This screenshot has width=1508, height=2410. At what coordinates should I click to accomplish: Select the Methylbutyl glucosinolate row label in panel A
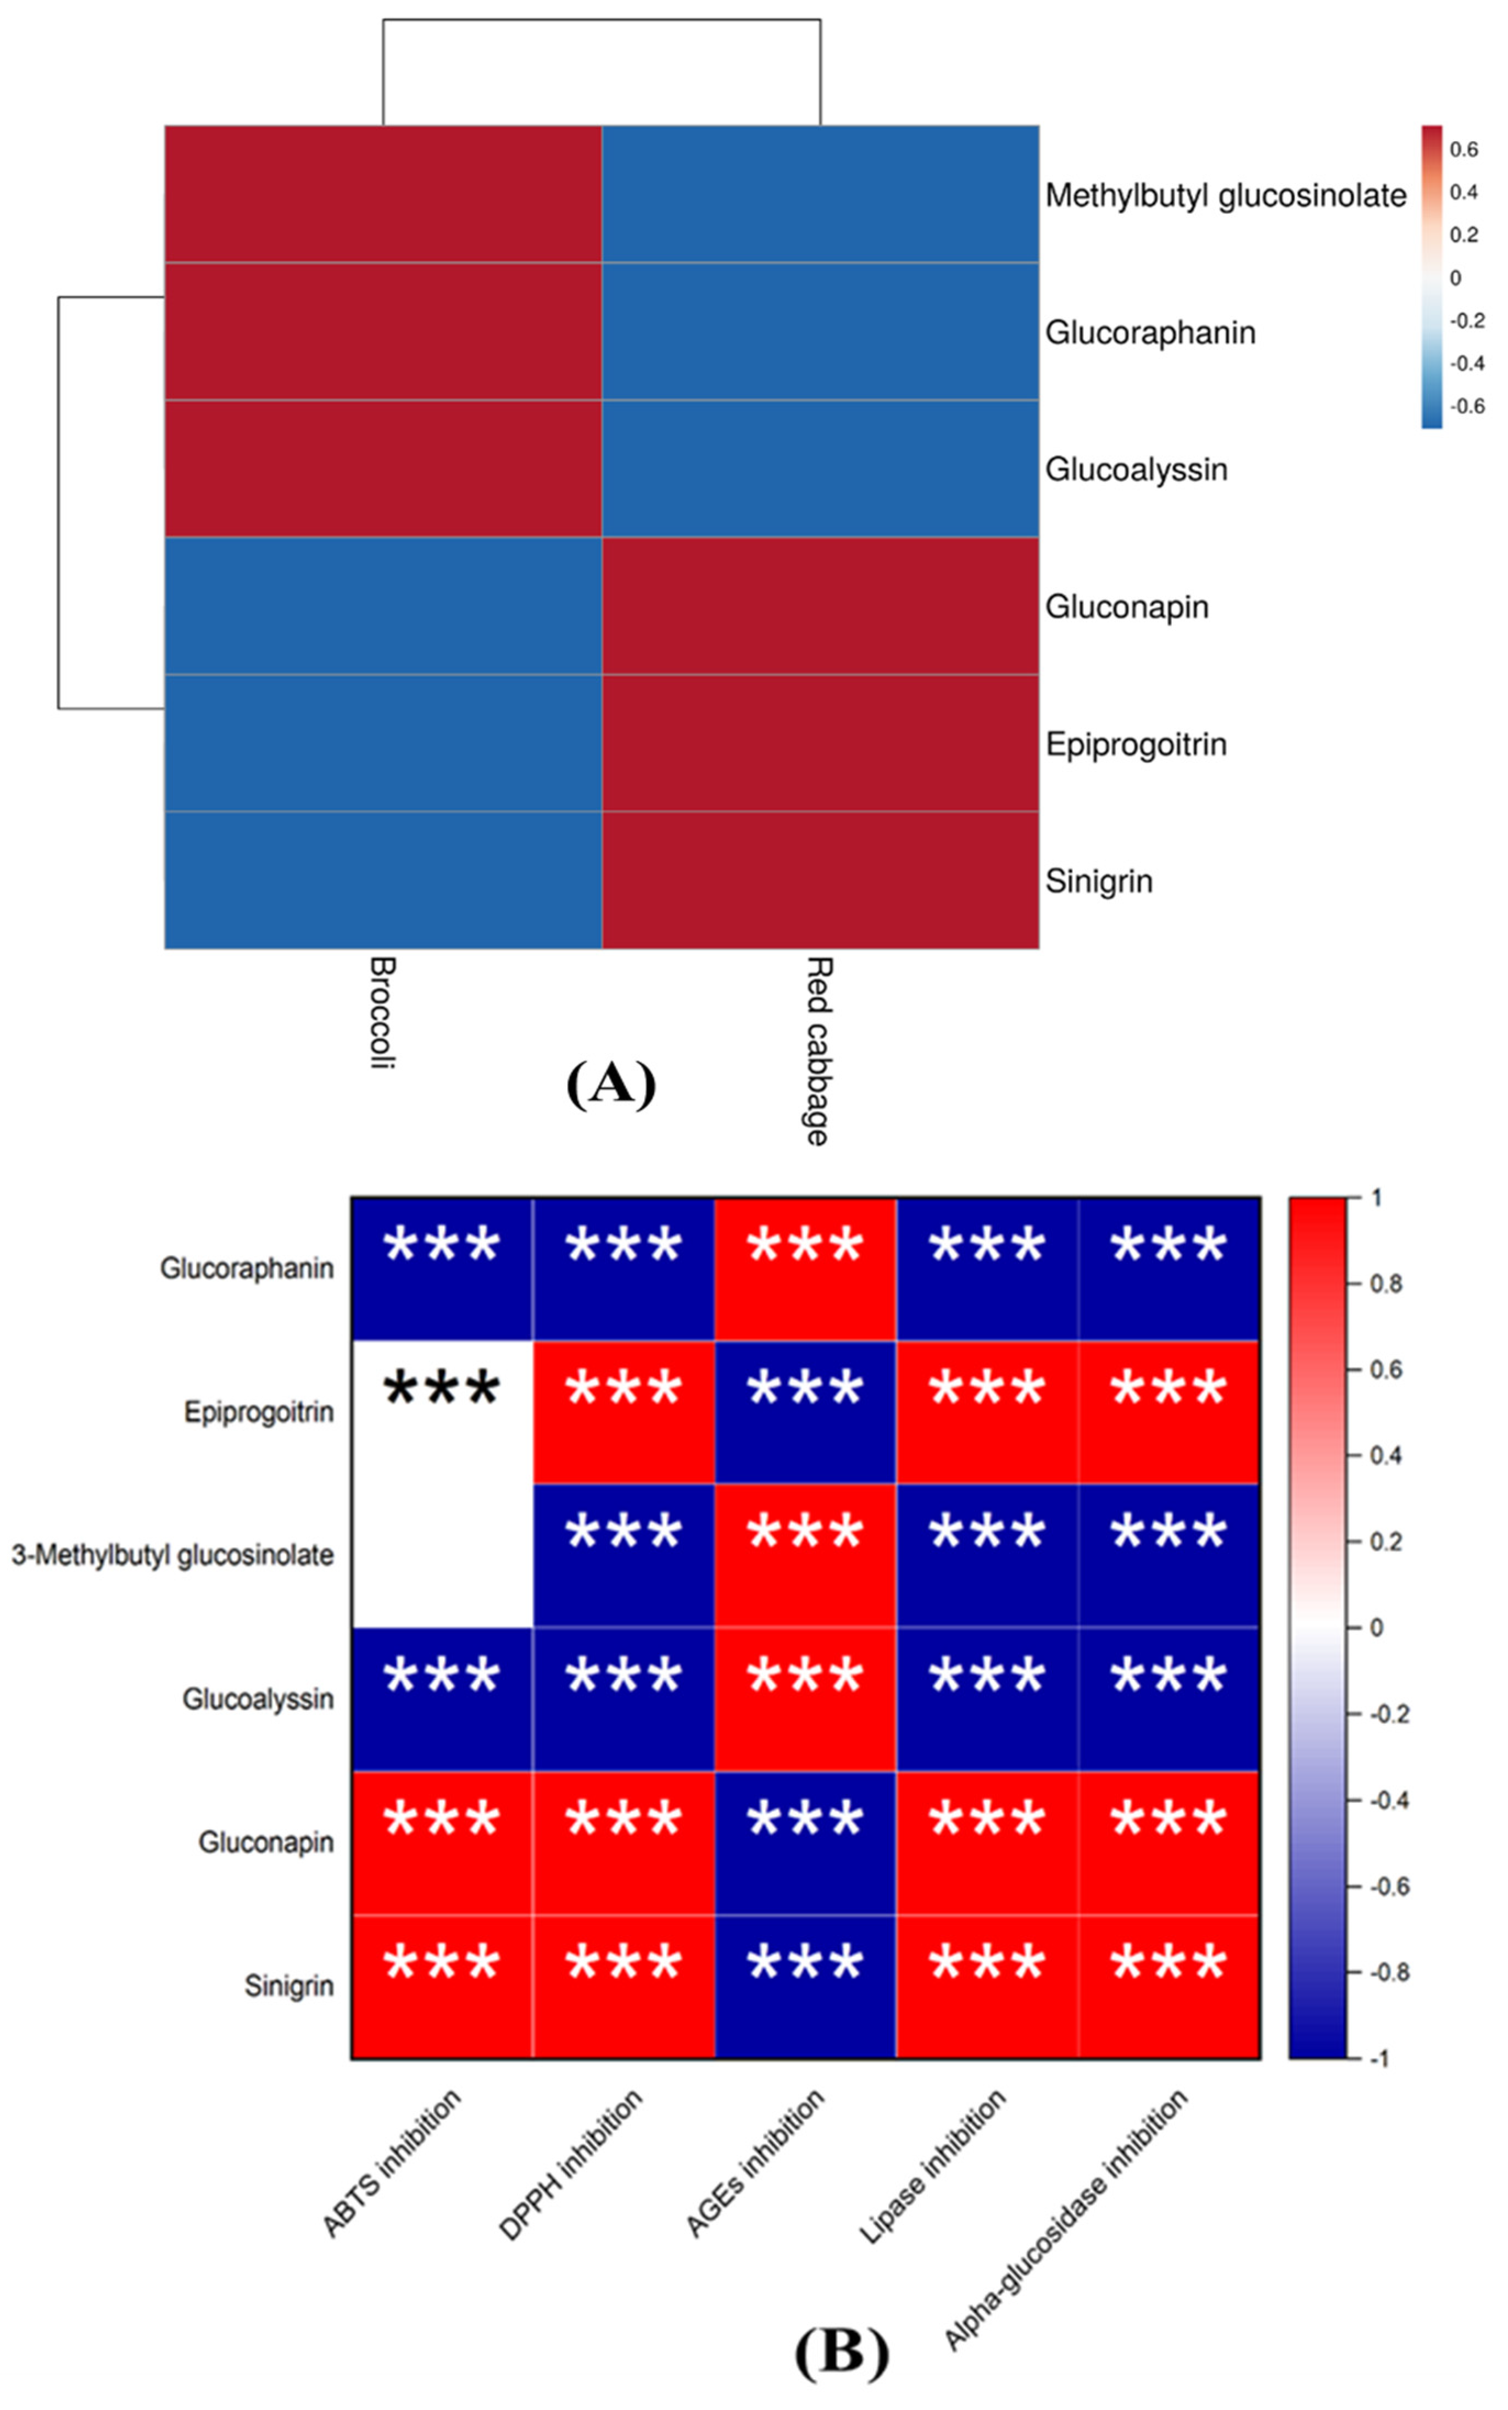coord(1225,196)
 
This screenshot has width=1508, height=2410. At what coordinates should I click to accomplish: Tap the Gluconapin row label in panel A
coord(1126,606)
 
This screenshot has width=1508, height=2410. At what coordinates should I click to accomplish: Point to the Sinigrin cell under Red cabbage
coord(820,880)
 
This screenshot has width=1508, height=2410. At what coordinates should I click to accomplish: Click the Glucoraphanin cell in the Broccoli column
coord(383,331)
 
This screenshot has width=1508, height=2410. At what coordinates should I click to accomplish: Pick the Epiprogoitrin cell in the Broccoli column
coord(383,743)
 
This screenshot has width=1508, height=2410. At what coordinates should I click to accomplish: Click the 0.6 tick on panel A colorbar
coord(1463,149)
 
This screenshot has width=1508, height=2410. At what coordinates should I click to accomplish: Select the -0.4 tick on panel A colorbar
coord(1466,363)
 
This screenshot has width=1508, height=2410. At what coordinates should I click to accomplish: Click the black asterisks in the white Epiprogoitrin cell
coord(442,1388)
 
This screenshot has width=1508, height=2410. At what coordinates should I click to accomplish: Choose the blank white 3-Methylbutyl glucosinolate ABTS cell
coord(442,1555)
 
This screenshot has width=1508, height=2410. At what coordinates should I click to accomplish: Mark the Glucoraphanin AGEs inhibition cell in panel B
coord(805,1268)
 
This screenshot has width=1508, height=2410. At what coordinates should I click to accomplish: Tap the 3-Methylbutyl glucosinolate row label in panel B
coord(172,1555)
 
